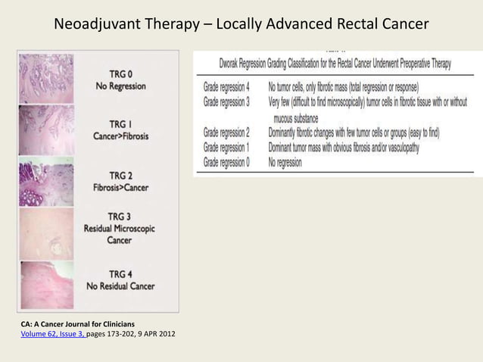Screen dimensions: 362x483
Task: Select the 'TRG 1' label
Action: (120, 123)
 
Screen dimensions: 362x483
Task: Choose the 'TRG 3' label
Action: (120, 216)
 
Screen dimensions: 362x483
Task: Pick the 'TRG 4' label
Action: (120, 273)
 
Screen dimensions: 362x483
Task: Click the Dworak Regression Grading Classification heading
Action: (335, 64)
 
